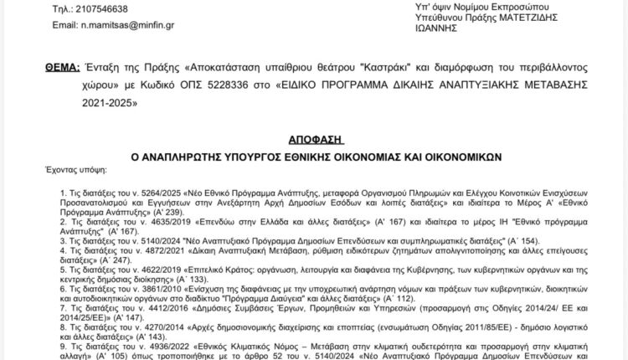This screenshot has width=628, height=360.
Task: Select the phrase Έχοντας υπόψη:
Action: pos(72,169)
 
